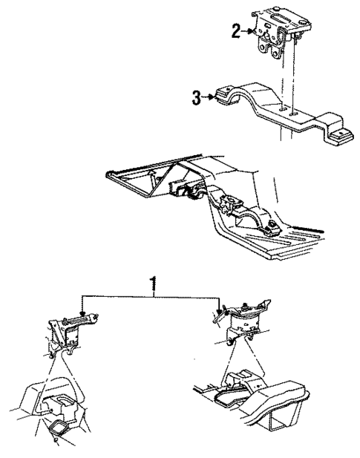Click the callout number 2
pos(235,30)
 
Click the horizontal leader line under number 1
pos(148,295)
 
